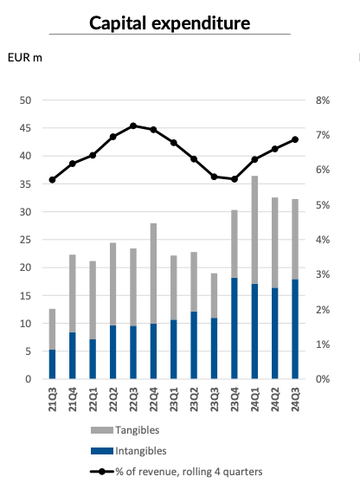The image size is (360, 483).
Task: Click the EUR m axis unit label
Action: (x=24, y=58)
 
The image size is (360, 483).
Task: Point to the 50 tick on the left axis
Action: (x=26, y=100)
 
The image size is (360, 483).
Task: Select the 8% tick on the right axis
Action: (x=322, y=100)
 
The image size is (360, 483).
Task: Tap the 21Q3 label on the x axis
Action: (x=53, y=400)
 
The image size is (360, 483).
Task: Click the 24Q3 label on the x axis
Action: (x=295, y=400)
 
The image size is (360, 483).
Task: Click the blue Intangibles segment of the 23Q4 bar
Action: (x=235, y=328)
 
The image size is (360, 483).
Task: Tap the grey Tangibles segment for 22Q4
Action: (x=154, y=274)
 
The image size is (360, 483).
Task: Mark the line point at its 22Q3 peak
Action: (x=133, y=126)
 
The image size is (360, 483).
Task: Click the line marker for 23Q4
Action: (x=235, y=179)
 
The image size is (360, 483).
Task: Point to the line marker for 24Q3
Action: (x=295, y=139)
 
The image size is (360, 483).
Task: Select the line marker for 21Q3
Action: (x=53, y=180)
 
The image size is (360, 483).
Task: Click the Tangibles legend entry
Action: (x=138, y=429)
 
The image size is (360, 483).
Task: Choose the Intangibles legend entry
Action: (x=141, y=449)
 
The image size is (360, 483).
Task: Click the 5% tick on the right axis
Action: (x=322, y=205)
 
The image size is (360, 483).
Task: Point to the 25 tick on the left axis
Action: (x=26, y=240)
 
